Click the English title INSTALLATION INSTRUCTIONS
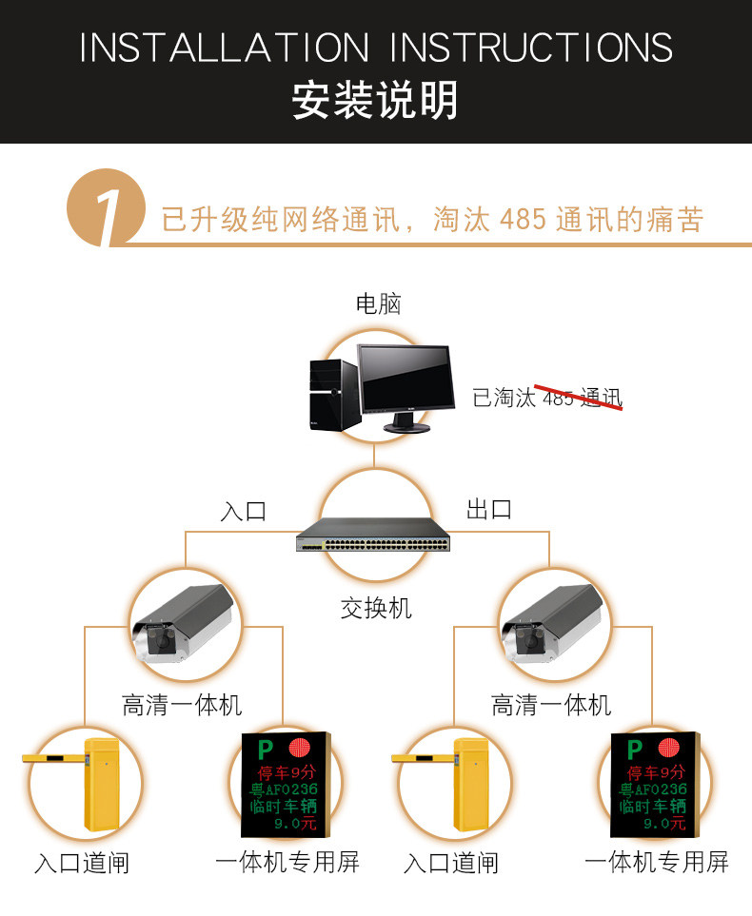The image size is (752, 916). (x=376, y=48)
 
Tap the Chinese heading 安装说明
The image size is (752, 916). (x=375, y=101)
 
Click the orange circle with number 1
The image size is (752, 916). (x=106, y=207)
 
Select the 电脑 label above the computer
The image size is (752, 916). (x=378, y=304)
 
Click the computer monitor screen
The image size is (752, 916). (x=406, y=380)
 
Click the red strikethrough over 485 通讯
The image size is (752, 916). (x=579, y=398)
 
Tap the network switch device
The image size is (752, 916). (x=373, y=536)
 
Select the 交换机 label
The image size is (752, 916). (x=376, y=609)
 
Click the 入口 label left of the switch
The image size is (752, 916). (x=244, y=511)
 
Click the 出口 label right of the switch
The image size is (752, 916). (x=489, y=510)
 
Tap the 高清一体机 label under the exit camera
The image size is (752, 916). (x=551, y=705)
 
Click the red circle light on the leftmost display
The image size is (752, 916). (x=300, y=749)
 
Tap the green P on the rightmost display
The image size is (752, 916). (x=635, y=749)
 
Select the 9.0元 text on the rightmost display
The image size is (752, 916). (x=664, y=823)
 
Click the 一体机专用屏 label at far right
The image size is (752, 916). (x=656, y=862)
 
